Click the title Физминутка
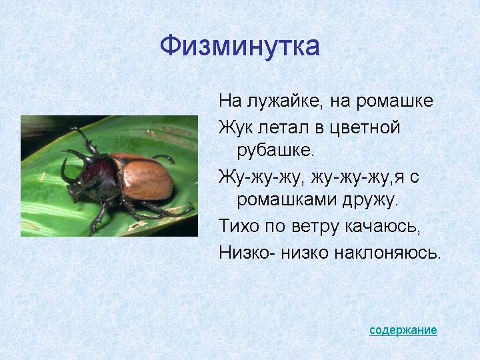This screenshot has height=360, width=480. (240, 47)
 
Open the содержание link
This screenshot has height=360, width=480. (403, 330)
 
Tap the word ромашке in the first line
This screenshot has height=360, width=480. (395, 101)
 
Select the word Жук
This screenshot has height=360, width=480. (236, 127)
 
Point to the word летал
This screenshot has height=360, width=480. (283, 127)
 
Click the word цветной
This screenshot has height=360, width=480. (365, 128)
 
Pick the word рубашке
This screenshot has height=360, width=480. (275, 150)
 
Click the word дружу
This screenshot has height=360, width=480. (370, 201)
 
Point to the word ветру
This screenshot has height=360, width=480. (316, 227)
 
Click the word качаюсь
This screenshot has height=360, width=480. (383, 227)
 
